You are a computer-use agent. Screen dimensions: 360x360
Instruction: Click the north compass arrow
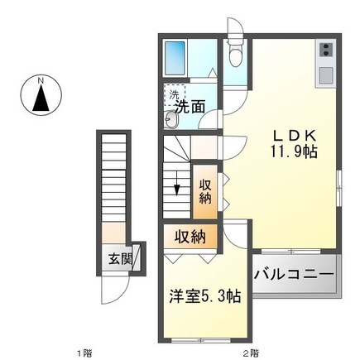pos(41,100)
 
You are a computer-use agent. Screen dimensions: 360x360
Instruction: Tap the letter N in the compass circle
pos(41,80)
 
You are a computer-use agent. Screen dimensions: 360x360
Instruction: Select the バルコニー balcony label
pos(294,272)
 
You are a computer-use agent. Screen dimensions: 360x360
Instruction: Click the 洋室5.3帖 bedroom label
pos(204,295)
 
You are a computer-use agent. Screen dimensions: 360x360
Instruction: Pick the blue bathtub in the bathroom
pos(176,57)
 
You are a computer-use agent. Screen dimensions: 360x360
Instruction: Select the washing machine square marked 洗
pos(175,94)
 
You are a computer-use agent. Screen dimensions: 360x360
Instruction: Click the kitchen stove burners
pos(325,49)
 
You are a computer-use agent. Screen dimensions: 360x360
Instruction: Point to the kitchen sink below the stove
pos(325,74)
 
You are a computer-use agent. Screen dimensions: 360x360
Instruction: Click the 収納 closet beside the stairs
pos(205,191)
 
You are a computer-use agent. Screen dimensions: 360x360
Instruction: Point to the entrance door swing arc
pos(113,289)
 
